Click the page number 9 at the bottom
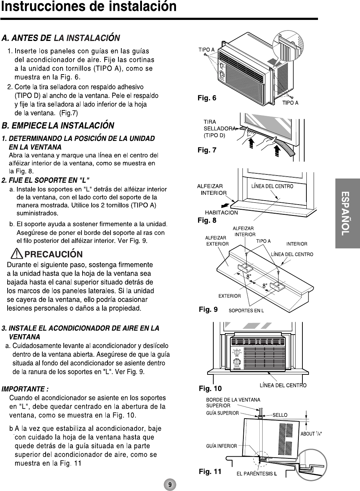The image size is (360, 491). point(170,484)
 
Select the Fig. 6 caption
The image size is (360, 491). point(207,98)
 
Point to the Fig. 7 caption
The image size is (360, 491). point(207,150)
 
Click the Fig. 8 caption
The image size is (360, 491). point(207,220)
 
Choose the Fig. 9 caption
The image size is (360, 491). point(208,309)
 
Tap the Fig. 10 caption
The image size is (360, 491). point(210,389)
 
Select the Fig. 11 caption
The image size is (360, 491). point(210,471)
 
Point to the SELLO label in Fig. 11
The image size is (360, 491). point(280,415)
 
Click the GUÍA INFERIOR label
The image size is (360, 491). point(222,446)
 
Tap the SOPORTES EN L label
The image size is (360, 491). point(246,311)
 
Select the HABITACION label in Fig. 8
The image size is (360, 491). point(221,213)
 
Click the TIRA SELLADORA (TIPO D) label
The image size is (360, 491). point(214,129)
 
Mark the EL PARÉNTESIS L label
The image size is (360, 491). point(257,473)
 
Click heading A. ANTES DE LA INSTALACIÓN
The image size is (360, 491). point(61,38)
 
